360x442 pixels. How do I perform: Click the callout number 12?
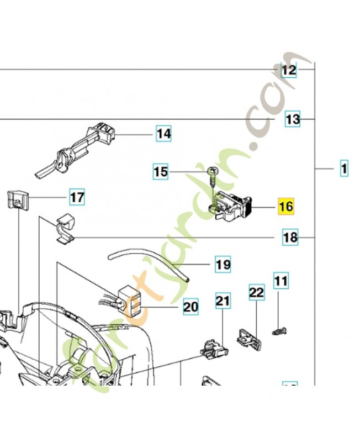pyautogui.click(x=289, y=70)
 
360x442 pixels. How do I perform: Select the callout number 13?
pyautogui.click(x=293, y=119)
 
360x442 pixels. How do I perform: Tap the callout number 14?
pyautogui.click(x=163, y=134)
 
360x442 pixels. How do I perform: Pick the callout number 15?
pyautogui.click(x=160, y=172)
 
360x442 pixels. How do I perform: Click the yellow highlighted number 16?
pyautogui.click(x=286, y=207)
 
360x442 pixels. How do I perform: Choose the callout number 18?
pyautogui.click(x=290, y=238)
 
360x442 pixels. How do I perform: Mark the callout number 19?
pyautogui.click(x=223, y=265)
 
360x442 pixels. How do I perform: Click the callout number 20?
pyautogui.click(x=190, y=306)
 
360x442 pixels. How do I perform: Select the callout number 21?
pyautogui.click(x=223, y=301)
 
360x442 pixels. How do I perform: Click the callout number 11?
pyautogui.click(x=282, y=281)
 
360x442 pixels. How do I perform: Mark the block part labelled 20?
pyautogui.click(x=130, y=298)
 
